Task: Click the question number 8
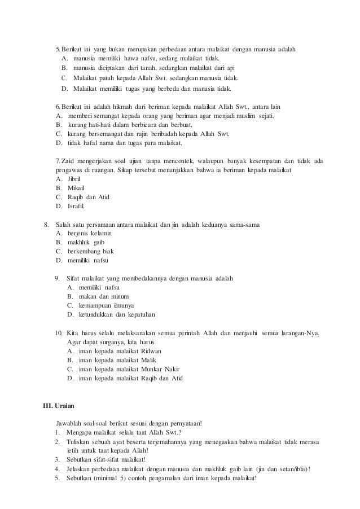pos(47,224)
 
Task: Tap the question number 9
pos(57,278)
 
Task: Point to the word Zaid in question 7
pos(67,160)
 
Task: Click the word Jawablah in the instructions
pos(71,423)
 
